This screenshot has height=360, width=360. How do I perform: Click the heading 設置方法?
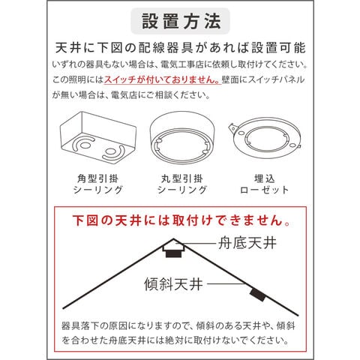[181, 21]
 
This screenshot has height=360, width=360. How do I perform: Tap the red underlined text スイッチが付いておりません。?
[162, 79]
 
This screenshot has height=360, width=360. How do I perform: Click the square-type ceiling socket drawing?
[98, 136]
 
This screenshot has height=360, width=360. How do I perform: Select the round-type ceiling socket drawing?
[182, 137]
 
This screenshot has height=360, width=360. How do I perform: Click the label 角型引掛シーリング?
[97, 184]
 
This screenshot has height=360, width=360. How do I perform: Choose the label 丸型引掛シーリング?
[182, 184]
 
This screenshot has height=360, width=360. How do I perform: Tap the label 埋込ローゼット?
[264, 184]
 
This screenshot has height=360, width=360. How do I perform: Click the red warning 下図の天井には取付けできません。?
[181, 220]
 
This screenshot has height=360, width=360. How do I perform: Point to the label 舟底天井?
[247, 243]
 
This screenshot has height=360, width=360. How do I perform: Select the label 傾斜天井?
[173, 284]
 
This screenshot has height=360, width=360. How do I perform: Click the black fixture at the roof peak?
[173, 253]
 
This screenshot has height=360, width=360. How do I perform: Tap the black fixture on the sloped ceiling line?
[258, 295]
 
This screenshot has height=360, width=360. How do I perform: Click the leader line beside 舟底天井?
[196, 243]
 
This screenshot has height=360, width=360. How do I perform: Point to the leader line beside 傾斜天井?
[226, 283]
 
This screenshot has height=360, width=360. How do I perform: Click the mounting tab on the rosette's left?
[232, 129]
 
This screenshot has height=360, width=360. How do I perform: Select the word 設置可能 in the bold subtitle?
[278, 48]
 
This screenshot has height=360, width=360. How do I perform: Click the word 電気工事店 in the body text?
[182, 64]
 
